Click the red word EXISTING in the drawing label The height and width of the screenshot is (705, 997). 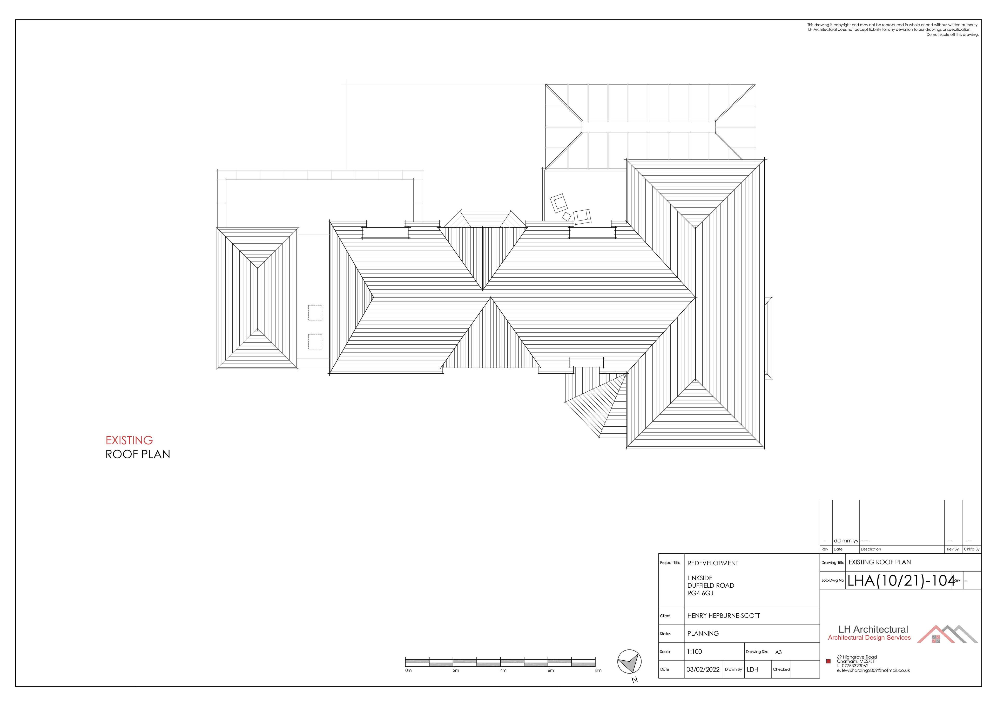click(x=129, y=440)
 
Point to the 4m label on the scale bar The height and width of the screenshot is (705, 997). click(x=503, y=670)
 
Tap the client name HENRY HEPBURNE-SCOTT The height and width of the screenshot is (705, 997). click(x=723, y=615)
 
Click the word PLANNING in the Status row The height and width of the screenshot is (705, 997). click(x=703, y=633)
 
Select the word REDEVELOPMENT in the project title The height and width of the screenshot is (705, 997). click(x=713, y=563)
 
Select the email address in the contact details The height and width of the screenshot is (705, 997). click(x=873, y=670)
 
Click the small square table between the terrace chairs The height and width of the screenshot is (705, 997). click(x=567, y=216)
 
